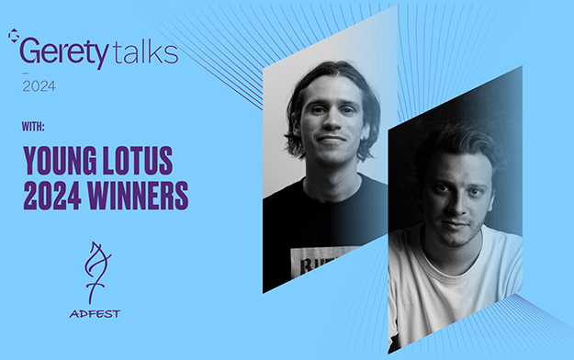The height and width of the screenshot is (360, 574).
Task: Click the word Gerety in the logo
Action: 64,52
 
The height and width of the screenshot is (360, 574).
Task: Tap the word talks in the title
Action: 146,52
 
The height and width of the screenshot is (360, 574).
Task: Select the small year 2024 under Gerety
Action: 39,86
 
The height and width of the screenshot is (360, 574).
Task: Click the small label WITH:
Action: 33,127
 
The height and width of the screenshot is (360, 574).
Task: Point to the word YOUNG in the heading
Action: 60,161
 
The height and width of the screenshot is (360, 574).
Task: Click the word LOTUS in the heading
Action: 138,161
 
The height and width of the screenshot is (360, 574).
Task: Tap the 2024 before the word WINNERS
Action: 52,196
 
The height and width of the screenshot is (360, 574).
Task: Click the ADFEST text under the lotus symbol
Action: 95,314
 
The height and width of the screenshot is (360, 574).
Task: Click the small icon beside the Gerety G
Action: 13,36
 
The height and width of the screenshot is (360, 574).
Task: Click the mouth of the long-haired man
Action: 332,140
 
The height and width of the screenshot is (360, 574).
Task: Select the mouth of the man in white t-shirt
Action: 456,223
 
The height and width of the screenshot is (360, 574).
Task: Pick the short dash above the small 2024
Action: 26,73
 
